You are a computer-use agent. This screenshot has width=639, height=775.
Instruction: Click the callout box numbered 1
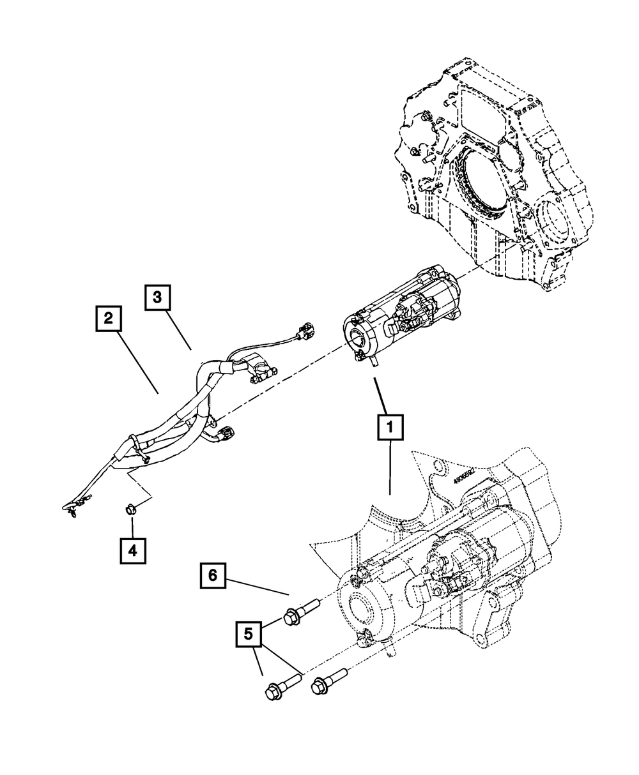coord(390,428)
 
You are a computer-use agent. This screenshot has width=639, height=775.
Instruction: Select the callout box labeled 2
coord(108,319)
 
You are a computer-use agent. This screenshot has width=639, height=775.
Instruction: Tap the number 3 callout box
coord(157,297)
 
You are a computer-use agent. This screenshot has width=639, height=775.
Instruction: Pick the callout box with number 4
coord(132,550)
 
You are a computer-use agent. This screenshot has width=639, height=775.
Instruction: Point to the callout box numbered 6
coord(212,575)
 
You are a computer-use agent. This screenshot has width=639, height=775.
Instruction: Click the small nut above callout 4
coord(130,509)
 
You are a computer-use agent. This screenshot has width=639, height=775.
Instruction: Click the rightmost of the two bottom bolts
coord(328,681)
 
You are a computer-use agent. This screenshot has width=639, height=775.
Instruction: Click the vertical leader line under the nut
coord(132,526)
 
